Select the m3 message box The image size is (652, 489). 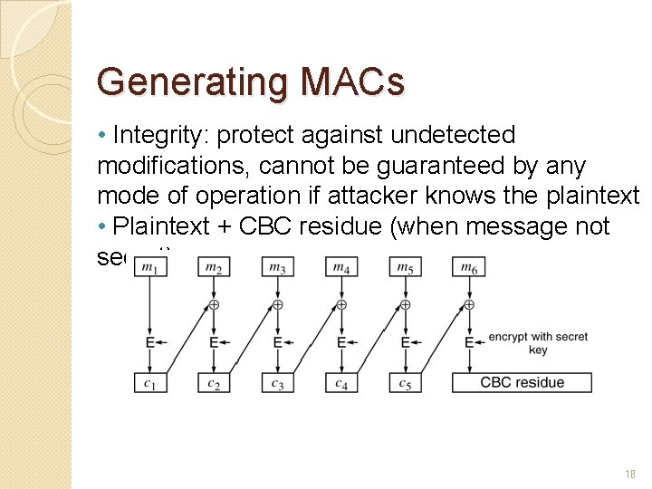(277, 266)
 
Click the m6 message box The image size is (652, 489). (468, 266)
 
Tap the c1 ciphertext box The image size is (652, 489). (149, 383)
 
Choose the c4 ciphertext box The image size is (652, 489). (340, 383)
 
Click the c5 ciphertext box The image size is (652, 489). (405, 383)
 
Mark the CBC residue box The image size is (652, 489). (522, 383)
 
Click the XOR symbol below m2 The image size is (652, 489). (214, 304)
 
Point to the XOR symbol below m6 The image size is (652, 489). (468, 304)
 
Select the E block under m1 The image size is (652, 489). (149, 343)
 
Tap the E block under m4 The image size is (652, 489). (340, 343)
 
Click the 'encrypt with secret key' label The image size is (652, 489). (538, 343)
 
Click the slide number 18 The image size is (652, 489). (629, 474)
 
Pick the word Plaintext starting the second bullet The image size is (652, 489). (173, 226)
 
